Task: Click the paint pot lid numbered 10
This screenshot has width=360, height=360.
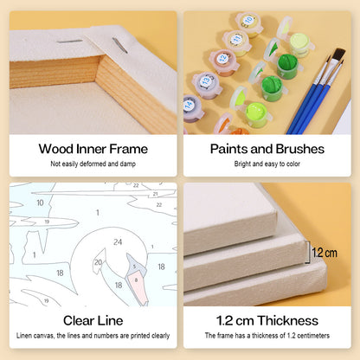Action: pos(248,20)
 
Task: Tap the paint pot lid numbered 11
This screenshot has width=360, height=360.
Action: pos(236,39)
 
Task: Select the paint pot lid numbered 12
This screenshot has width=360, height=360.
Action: pos(222,59)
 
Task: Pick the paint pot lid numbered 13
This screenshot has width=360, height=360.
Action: pos(206,80)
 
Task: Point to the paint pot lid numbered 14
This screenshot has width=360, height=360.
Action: pos(190,105)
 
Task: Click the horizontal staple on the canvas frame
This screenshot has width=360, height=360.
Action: pos(69,42)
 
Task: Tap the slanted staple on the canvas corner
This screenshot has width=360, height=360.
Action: pos(120,46)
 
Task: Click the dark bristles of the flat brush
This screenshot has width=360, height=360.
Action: pos(339,55)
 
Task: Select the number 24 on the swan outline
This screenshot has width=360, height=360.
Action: pos(118,241)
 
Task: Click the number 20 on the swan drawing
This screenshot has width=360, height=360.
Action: pos(98,262)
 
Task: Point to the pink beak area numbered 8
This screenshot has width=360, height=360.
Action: pos(138,287)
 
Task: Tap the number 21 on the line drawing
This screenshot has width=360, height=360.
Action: pos(155,194)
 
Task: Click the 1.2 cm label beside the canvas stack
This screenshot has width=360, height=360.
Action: pos(325,253)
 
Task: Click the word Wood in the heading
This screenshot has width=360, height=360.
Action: pos(56,149)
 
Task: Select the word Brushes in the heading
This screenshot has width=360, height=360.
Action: pos(300,149)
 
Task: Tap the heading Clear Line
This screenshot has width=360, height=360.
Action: pos(93,320)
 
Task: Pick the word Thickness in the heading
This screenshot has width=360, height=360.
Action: pos(288,320)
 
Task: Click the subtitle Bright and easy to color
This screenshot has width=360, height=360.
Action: pos(267,164)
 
